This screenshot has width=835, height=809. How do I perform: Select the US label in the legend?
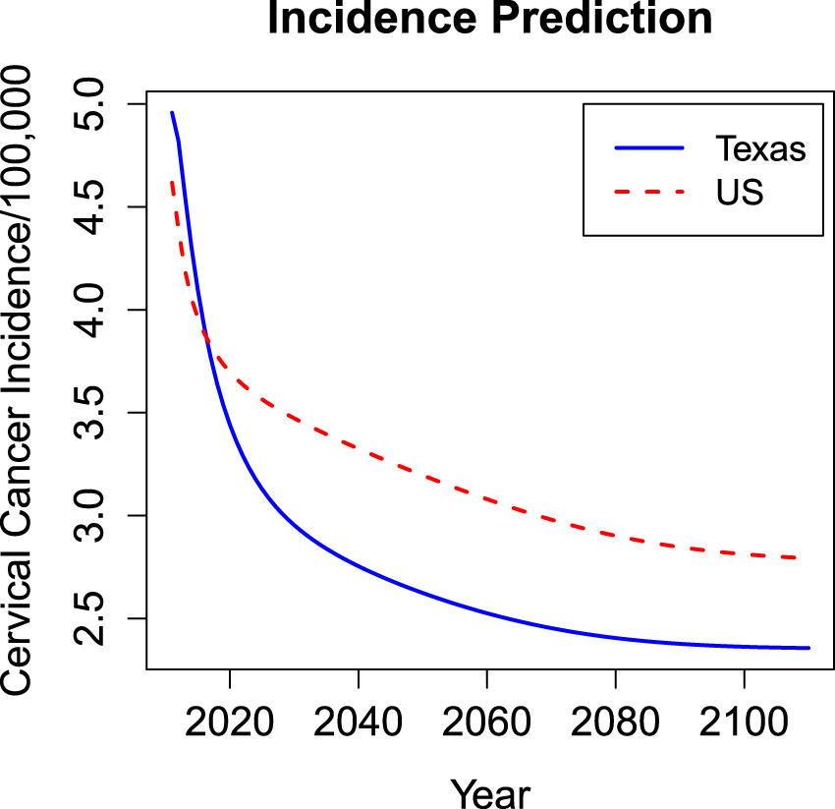[740, 193]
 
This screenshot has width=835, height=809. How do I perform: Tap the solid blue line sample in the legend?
[649, 148]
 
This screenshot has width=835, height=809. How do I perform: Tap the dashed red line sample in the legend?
[649, 193]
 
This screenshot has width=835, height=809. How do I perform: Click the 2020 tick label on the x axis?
[230, 722]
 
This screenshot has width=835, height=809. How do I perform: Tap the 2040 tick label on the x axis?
[359, 722]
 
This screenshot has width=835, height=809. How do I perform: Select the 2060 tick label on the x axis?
[487, 722]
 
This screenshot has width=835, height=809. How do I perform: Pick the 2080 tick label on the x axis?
[616, 722]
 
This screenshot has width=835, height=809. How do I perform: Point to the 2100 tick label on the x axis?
[744, 722]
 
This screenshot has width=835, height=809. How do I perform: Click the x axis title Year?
[490, 791]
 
